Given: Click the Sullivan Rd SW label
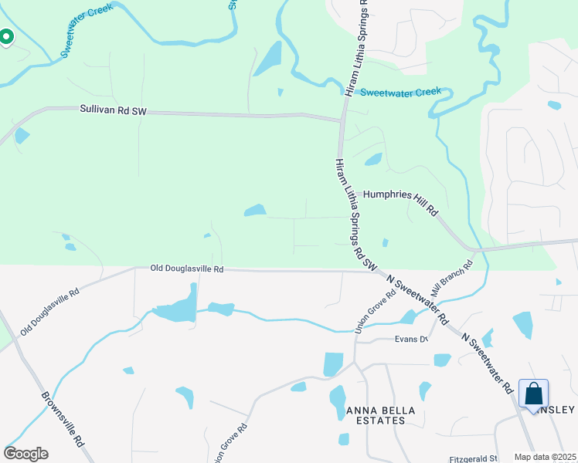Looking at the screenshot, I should [x=113, y=111].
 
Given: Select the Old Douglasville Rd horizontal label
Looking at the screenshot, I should [x=187, y=269].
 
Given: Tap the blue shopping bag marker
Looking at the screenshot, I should [x=534, y=394].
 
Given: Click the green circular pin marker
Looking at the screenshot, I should [x=5, y=36].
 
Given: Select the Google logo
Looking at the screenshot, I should [x=25, y=454].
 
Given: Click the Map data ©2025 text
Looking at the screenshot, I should [x=546, y=457].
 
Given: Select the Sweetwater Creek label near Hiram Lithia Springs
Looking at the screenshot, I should [x=401, y=92].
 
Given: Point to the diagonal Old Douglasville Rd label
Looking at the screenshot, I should [x=50, y=312].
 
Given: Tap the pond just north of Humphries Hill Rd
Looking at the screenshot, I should [x=373, y=160].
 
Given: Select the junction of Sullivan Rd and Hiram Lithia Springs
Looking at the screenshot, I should [x=342, y=120].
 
